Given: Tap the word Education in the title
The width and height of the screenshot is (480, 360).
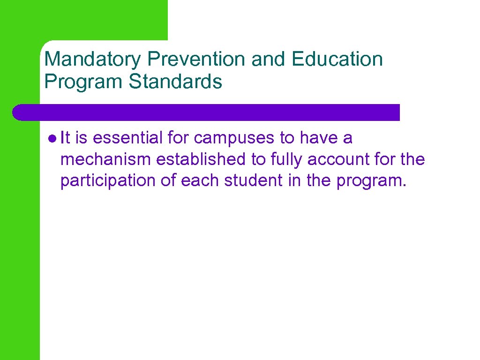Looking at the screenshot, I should pos(337,60).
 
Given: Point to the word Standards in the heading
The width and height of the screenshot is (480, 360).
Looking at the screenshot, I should pos(175,82).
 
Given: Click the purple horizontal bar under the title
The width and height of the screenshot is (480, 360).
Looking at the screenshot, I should pos(206,112).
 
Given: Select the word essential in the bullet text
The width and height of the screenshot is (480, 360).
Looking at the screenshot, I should pos(126,138).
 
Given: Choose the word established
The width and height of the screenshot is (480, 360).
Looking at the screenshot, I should pos(201,159).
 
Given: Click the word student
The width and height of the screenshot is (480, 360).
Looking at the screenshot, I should pos(252,180).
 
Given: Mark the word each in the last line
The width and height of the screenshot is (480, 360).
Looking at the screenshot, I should pos(200,180).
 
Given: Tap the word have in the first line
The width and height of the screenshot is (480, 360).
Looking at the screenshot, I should pos(319,138).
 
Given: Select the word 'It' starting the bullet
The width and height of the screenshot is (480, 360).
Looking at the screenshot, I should pos(65,138).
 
